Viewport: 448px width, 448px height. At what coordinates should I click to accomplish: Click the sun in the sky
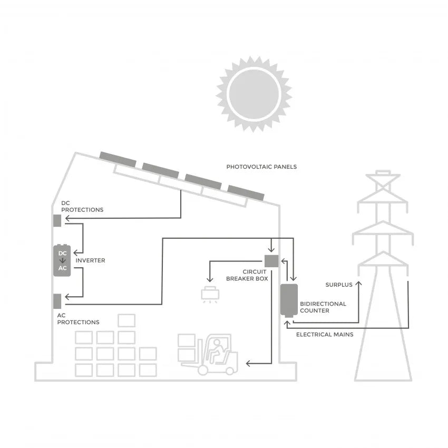click(x=253, y=94)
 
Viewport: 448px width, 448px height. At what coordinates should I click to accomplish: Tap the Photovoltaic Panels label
click(x=261, y=167)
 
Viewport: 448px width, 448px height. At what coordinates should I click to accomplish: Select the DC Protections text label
click(x=82, y=206)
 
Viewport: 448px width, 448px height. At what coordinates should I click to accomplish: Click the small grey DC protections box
click(x=57, y=220)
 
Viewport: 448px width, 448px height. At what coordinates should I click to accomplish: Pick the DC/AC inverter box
click(x=63, y=260)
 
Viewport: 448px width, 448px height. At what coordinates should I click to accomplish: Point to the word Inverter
click(x=90, y=260)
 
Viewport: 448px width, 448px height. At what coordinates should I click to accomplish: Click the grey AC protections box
click(x=57, y=300)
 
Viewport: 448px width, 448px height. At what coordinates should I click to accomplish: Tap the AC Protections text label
click(x=78, y=319)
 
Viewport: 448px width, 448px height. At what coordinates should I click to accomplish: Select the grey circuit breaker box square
click(x=271, y=260)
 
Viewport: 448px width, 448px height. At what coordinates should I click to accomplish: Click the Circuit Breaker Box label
click(x=247, y=275)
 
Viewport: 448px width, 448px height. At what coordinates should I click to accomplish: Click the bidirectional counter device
click(x=289, y=300)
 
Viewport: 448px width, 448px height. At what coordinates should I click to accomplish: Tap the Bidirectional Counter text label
click(x=323, y=307)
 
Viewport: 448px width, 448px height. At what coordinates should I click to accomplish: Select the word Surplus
click(x=338, y=285)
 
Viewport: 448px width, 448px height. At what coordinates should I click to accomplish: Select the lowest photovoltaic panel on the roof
click(x=246, y=192)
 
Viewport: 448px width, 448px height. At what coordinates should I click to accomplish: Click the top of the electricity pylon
click(x=383, y=174)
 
